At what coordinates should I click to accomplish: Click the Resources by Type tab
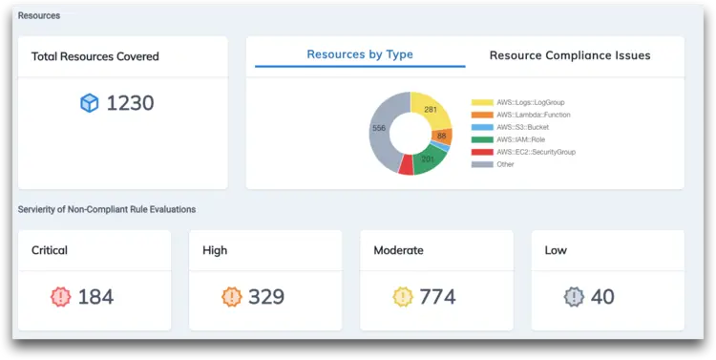point(360,54)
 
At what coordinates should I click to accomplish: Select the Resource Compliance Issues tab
point(570,55)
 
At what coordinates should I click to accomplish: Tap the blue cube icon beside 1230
point(90,103)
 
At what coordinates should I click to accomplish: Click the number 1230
point(130,103)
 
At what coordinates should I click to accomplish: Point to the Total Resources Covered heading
point(95,56)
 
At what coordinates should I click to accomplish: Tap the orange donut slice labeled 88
point(441,136)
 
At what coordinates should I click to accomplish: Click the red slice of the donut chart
point(407,165)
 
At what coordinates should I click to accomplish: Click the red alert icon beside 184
point(61,297)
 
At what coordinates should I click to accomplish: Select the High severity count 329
point(265,297)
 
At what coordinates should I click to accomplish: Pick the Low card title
point(556,250)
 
